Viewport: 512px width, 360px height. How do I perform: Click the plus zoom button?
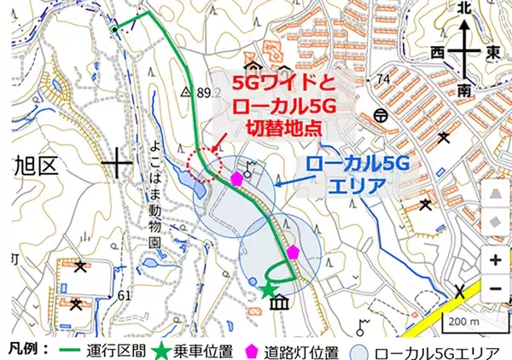click(x=495, y=259)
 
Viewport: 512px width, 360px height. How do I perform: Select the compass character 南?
click(x=464, y=88)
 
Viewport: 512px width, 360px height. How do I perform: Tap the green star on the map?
click(x=268, y=291)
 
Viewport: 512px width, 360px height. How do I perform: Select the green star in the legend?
click(x=171, y=349)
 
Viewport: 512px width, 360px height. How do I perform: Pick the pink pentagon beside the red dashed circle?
click(x=236, y=179)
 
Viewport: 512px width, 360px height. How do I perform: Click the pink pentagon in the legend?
click(x=253, y=350)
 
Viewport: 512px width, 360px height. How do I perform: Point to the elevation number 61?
click(x=125, y=294)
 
